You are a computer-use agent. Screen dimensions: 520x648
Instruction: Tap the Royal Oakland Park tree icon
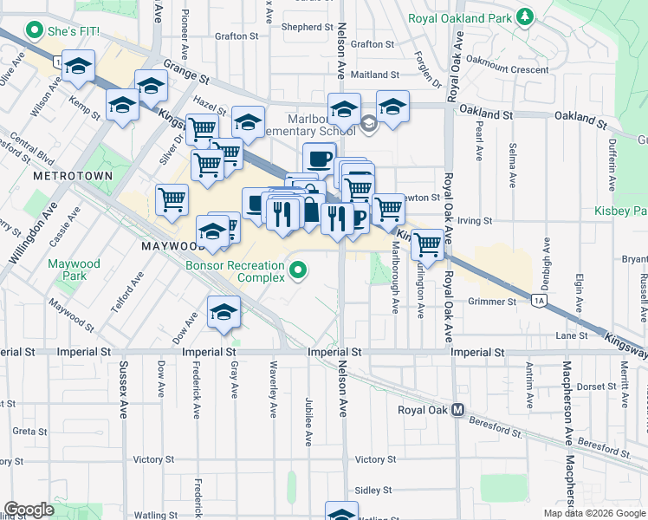(524, 16)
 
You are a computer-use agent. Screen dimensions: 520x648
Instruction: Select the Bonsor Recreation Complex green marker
(299, 272)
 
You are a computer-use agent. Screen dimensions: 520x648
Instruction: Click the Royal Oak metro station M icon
(457, 410)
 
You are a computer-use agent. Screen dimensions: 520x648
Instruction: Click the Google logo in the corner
(29, 510)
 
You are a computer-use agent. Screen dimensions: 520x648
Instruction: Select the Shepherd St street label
(308, 27)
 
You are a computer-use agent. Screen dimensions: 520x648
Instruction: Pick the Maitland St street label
(374, 75)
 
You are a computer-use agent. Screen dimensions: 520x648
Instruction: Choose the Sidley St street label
(373, 491)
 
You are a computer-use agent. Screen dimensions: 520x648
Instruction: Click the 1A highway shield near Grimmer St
(539, 301)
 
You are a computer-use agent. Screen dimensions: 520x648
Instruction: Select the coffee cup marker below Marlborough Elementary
(319, 158)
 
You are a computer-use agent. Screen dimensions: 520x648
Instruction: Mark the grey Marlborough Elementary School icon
(368, 125)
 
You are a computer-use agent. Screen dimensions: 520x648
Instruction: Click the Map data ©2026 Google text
(593, 513)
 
